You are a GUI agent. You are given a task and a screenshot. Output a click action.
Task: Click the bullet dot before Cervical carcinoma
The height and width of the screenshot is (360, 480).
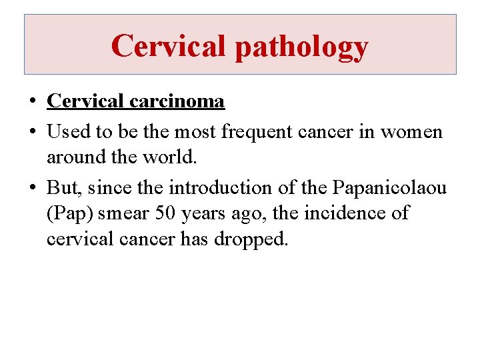32,102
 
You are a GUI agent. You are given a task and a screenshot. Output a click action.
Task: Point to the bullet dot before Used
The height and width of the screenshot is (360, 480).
32,133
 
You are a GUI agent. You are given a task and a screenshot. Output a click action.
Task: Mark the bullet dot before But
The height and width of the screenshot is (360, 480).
32,189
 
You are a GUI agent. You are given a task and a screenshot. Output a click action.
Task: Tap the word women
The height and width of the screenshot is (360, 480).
411,132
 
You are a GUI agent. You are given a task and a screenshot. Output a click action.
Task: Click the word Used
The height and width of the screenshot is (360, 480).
69,132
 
